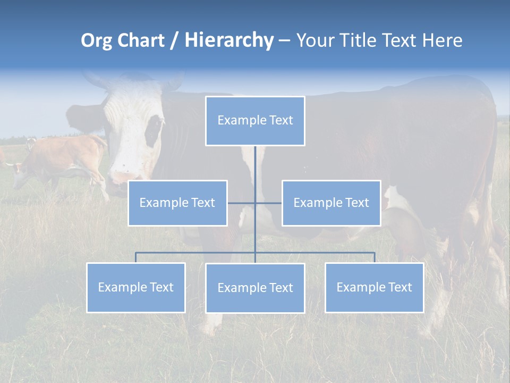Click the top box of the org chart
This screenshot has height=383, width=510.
pyautogui.click(x=255, y=121)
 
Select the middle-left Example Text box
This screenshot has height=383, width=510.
pyautogui.click(x=177, y=203)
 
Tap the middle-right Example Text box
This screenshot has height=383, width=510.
pyautogui.click(x=331, y=203)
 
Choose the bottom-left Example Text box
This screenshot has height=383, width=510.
pyautogui.click(x=135, y=287)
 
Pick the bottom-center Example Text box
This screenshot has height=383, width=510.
pyautogui.click(x=255, y=288)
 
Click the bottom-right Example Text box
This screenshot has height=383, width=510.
pyautogui.click(x=374, y=287)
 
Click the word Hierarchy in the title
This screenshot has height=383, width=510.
pyautogui.click(x=229, y=40)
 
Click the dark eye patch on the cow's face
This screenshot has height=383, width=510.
pyautogui.click(x=154, y=130)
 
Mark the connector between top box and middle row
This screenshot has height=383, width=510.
pyautogui.click(x=255, y=165)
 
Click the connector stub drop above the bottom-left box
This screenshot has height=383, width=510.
pyautogui.click(x=135, y=257)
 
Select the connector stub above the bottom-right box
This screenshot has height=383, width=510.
pyautogui.click(x=374, y=257)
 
